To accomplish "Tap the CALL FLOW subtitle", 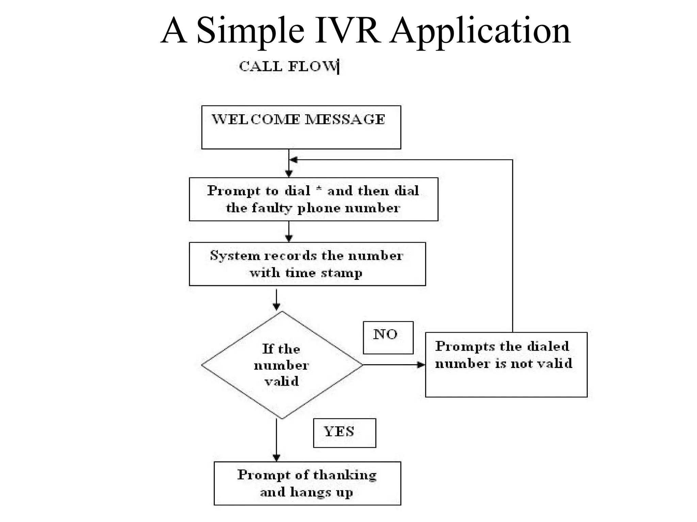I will (288, 66).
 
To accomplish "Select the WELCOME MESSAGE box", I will (301, 127).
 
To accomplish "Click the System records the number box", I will (307, 264).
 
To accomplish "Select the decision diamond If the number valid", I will (282, 365).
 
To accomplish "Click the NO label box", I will (388, 337).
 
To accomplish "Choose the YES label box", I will (344, 433).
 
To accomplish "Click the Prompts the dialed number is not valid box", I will (506, 365).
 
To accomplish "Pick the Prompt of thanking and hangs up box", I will (307, 483).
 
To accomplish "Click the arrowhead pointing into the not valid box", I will (421, 365).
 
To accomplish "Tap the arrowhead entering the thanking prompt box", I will (276, 458).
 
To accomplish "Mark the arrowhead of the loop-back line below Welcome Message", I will (293, 160).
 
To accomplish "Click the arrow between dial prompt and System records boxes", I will (289, 232).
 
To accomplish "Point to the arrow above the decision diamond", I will (276, 300).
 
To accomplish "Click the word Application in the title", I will (480, 31).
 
